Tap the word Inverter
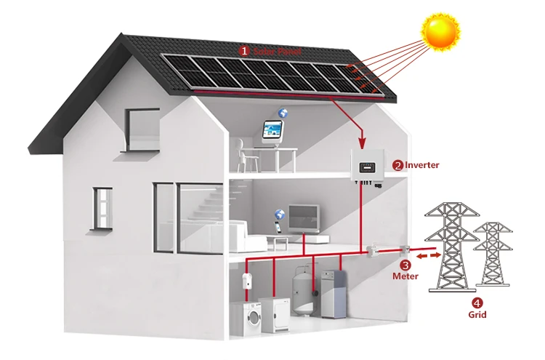[422, 165]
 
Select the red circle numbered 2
[397, 165]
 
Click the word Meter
[405, 276]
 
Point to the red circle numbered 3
[405, 265]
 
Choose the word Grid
[477, 315]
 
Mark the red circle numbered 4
[477, 303]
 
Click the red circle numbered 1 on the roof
[244, 51]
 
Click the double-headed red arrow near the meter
[428, 255]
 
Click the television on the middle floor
[304, 216]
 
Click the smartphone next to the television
[277, 227]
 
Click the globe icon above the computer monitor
[283, 113]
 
